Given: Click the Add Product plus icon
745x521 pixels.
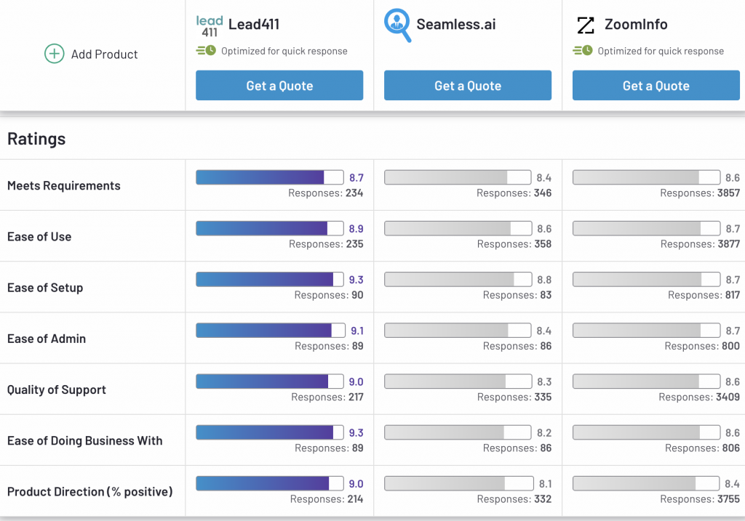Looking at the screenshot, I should (54, 54).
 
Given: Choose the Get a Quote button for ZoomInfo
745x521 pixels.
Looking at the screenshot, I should (656, 86).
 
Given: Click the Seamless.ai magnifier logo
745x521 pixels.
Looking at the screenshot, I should (397, 25).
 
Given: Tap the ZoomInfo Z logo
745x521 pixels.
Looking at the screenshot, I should (586, 25).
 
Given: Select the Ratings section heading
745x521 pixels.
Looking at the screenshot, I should (36, 139).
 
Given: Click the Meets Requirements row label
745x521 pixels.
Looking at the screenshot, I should (64, 185).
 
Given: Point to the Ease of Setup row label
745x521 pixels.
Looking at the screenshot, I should (45, 288).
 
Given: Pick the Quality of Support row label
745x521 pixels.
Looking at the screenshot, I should (57, 389).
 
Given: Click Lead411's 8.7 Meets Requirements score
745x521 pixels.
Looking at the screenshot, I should (356, 177).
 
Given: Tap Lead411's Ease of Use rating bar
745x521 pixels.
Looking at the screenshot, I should (269, 228).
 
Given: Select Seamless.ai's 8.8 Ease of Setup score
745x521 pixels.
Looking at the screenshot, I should (544, 280).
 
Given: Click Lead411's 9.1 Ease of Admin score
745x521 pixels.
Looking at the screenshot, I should (357, 331).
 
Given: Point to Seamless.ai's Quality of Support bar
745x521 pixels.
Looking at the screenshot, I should (458, 381).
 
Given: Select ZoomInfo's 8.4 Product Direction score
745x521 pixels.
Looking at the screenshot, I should (732, 484).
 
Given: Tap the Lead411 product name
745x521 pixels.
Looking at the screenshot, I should (254, 24).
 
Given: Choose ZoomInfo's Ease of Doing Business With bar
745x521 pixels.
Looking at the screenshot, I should (646, 432).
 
